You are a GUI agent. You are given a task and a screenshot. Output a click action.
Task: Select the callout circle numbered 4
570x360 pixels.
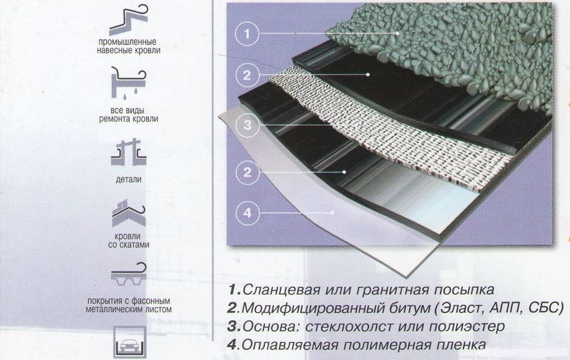coord(245,212)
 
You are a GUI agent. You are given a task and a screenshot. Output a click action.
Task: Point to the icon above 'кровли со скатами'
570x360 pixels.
coord(129,213)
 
